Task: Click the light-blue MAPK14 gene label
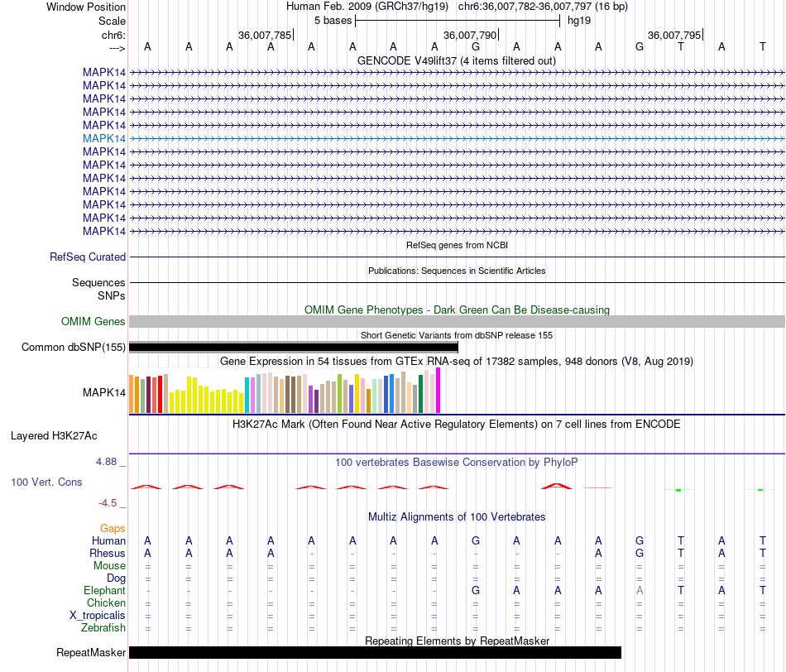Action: pyautogui.click(x=104, y=138)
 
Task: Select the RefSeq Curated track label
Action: pyautogui.click(x=88, y=257)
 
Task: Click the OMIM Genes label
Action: pyautogui.click(x=93, y=321)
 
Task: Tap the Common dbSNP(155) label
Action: pyautogui.click(x=74, y=348)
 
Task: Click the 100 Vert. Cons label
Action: pyautogui.click(x=46, y=482)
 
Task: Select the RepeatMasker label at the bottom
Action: pyautogui.click(x=91, y=653)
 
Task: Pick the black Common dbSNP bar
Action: pyautogui.click(x=294, y=348)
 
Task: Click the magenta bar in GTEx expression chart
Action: pyautogui.click(x=439, y=390)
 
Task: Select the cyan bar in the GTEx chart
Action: pyautogui.click(x=247, y=395)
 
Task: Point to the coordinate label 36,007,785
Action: pyautogui.click(x=264, y=36)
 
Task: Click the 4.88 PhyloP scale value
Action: pyautogui.click(x=112, y=462)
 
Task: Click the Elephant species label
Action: pyautogui.click(x=104, y=591)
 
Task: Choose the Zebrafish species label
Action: pyautogui.click(x=103, y=628)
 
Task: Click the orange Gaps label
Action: pyautogui.click(x=113, y=528)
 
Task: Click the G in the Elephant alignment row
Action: pyautogui.click(x=476, y=591)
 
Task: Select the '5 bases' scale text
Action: pyautogui.click(x=333, y=20)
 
